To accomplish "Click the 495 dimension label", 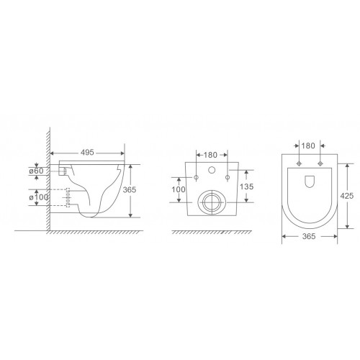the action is pos(87,153).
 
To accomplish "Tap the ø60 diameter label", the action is pos(36,171).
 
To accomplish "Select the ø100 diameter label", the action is pos(38,197).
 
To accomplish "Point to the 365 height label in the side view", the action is pos(130,190).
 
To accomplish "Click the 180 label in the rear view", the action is pos(210,155).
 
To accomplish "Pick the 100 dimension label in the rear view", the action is pos(179,189).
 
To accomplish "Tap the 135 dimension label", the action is pos(246,186).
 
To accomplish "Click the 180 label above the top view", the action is pos(308,145).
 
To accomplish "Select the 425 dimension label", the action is pos(347,196).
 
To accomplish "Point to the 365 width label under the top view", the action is pos(309,236).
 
